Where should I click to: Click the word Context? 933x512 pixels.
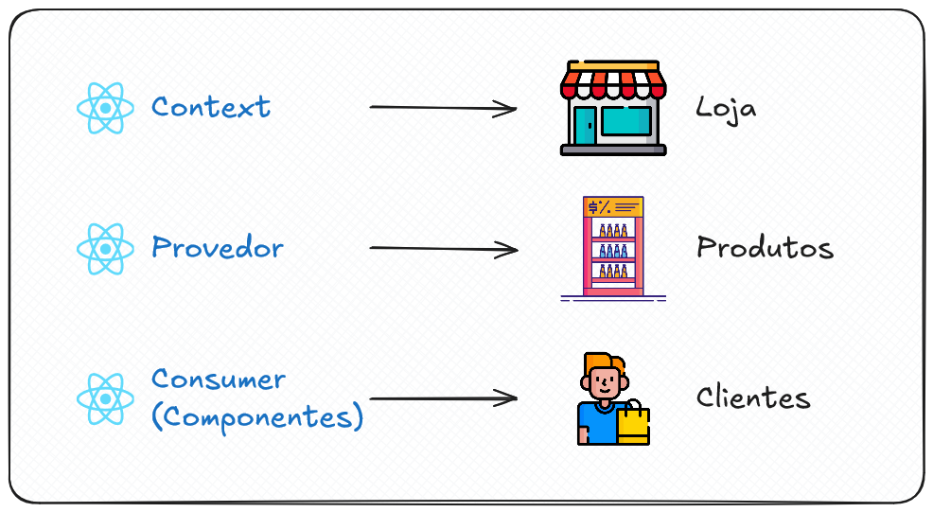(x=210, y=106)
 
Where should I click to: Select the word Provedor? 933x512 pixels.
(x=217, y=248)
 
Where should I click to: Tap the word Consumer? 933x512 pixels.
(x=218, y=380)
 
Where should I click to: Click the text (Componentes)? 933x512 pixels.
(x=256, y=417)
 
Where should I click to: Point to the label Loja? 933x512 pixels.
(x=726, y=107)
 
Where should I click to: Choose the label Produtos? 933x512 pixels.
(x=765, y=248)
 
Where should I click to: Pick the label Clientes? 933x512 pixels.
(x=753, y=397)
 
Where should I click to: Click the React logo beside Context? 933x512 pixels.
(x=104, y=107)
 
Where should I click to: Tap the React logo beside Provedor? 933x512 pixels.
(x=104, y=248)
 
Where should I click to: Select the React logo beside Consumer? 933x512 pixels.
(x=104, y=398)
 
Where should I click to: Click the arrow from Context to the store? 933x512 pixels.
(x=443, y=108)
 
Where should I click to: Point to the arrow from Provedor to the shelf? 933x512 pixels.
(x=443, y=249)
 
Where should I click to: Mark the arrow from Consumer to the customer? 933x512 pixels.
(x=443, y=398)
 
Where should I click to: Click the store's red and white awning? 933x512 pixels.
(x=613, y=80)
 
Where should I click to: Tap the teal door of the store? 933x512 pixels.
(x=585, y=125)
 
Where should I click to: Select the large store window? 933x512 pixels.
(x=626, y=121)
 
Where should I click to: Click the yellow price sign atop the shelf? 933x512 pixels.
(x=613, y=207)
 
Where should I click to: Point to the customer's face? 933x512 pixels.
(x=603, y=382)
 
